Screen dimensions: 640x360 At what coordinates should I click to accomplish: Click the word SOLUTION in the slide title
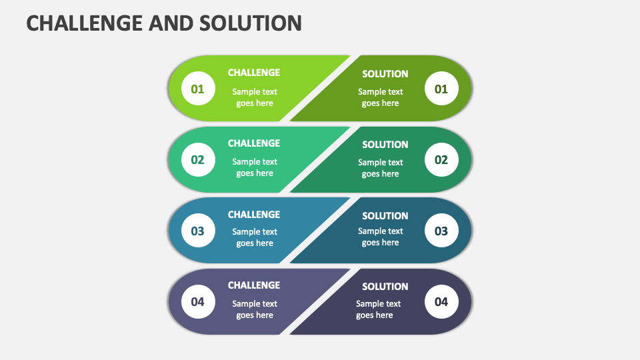point(251,23)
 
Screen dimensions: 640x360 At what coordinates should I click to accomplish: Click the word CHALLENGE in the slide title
point(85,23)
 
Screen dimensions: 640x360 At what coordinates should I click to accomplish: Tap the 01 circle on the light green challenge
point(198,89)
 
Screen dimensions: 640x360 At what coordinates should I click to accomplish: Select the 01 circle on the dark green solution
point(441,89)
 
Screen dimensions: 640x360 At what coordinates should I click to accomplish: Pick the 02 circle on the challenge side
point(198,159)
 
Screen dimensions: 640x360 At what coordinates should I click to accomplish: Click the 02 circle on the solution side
point(441,159)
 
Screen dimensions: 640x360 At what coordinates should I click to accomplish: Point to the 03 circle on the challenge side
point(198,231)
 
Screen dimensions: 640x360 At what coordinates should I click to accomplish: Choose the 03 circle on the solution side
point(441,231)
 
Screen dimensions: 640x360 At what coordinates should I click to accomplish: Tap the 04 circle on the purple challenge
point(198,301)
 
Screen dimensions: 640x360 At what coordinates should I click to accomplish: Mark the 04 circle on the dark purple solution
point(441,301)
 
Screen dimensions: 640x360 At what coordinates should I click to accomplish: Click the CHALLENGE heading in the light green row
point(254,73)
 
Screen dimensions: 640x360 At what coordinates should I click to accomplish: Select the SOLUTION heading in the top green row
point(385,74)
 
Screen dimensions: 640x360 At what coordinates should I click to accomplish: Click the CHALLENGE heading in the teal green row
point(254,143)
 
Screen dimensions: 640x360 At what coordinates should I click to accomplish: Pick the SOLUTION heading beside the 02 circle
point(385,145)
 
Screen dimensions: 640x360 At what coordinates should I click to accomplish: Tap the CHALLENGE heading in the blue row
point(254,215)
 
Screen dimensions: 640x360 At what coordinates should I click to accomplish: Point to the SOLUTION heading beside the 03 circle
point(385,216)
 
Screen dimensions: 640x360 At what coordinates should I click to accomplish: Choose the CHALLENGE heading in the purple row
point(254,285)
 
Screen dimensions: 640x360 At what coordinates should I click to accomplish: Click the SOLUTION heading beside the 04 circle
point(385,287)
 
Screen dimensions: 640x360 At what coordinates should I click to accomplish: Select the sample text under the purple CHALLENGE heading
point(255,309)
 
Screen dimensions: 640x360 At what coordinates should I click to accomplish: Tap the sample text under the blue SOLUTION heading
point(381,237)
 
